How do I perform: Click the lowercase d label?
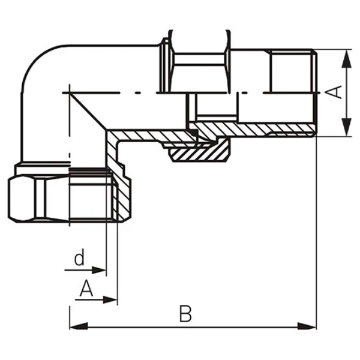point(79,260)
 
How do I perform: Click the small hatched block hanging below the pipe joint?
point(197,155)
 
